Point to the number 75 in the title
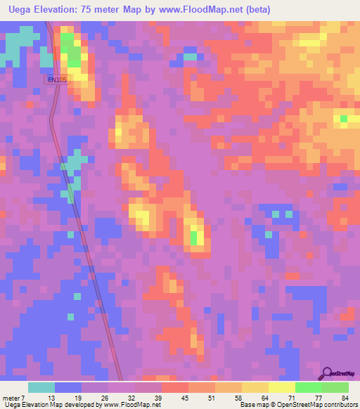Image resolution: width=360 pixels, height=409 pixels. click(x=87, y=10)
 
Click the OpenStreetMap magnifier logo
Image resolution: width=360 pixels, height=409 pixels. click(x=327, y=373)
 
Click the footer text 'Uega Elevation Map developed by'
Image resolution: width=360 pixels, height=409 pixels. click(x=49, y=405)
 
